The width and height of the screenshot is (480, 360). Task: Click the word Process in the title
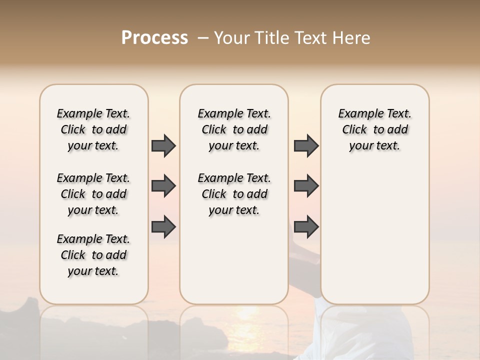[x=154, y=38]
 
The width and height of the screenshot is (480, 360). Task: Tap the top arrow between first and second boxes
[x=163, y=146]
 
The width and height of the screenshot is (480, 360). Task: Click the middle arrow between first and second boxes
[x=163, y=186]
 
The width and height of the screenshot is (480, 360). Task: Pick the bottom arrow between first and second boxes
[x=163, y=227]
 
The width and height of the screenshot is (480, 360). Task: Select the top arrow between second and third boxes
[x=306, y=146]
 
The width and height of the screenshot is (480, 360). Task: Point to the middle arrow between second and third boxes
[x=306, y=186]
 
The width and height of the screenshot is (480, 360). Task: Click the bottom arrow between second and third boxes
[x=306, y=227]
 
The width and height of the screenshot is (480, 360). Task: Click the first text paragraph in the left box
[x=93, y=129]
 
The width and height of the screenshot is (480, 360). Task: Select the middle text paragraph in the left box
[x=93, y=194]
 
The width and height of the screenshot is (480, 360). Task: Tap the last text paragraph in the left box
[x=93, y=255]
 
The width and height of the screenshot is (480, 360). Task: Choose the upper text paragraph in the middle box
[x=234, y=129]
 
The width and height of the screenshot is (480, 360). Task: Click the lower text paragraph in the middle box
[x=234, y=194]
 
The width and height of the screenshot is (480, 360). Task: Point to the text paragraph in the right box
[x=374, y=129]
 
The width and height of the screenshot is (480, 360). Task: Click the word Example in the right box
[x=357, y=114]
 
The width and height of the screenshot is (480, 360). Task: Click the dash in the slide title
[x=203, y=38]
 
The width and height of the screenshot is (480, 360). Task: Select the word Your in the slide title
[x=231, y=38]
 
